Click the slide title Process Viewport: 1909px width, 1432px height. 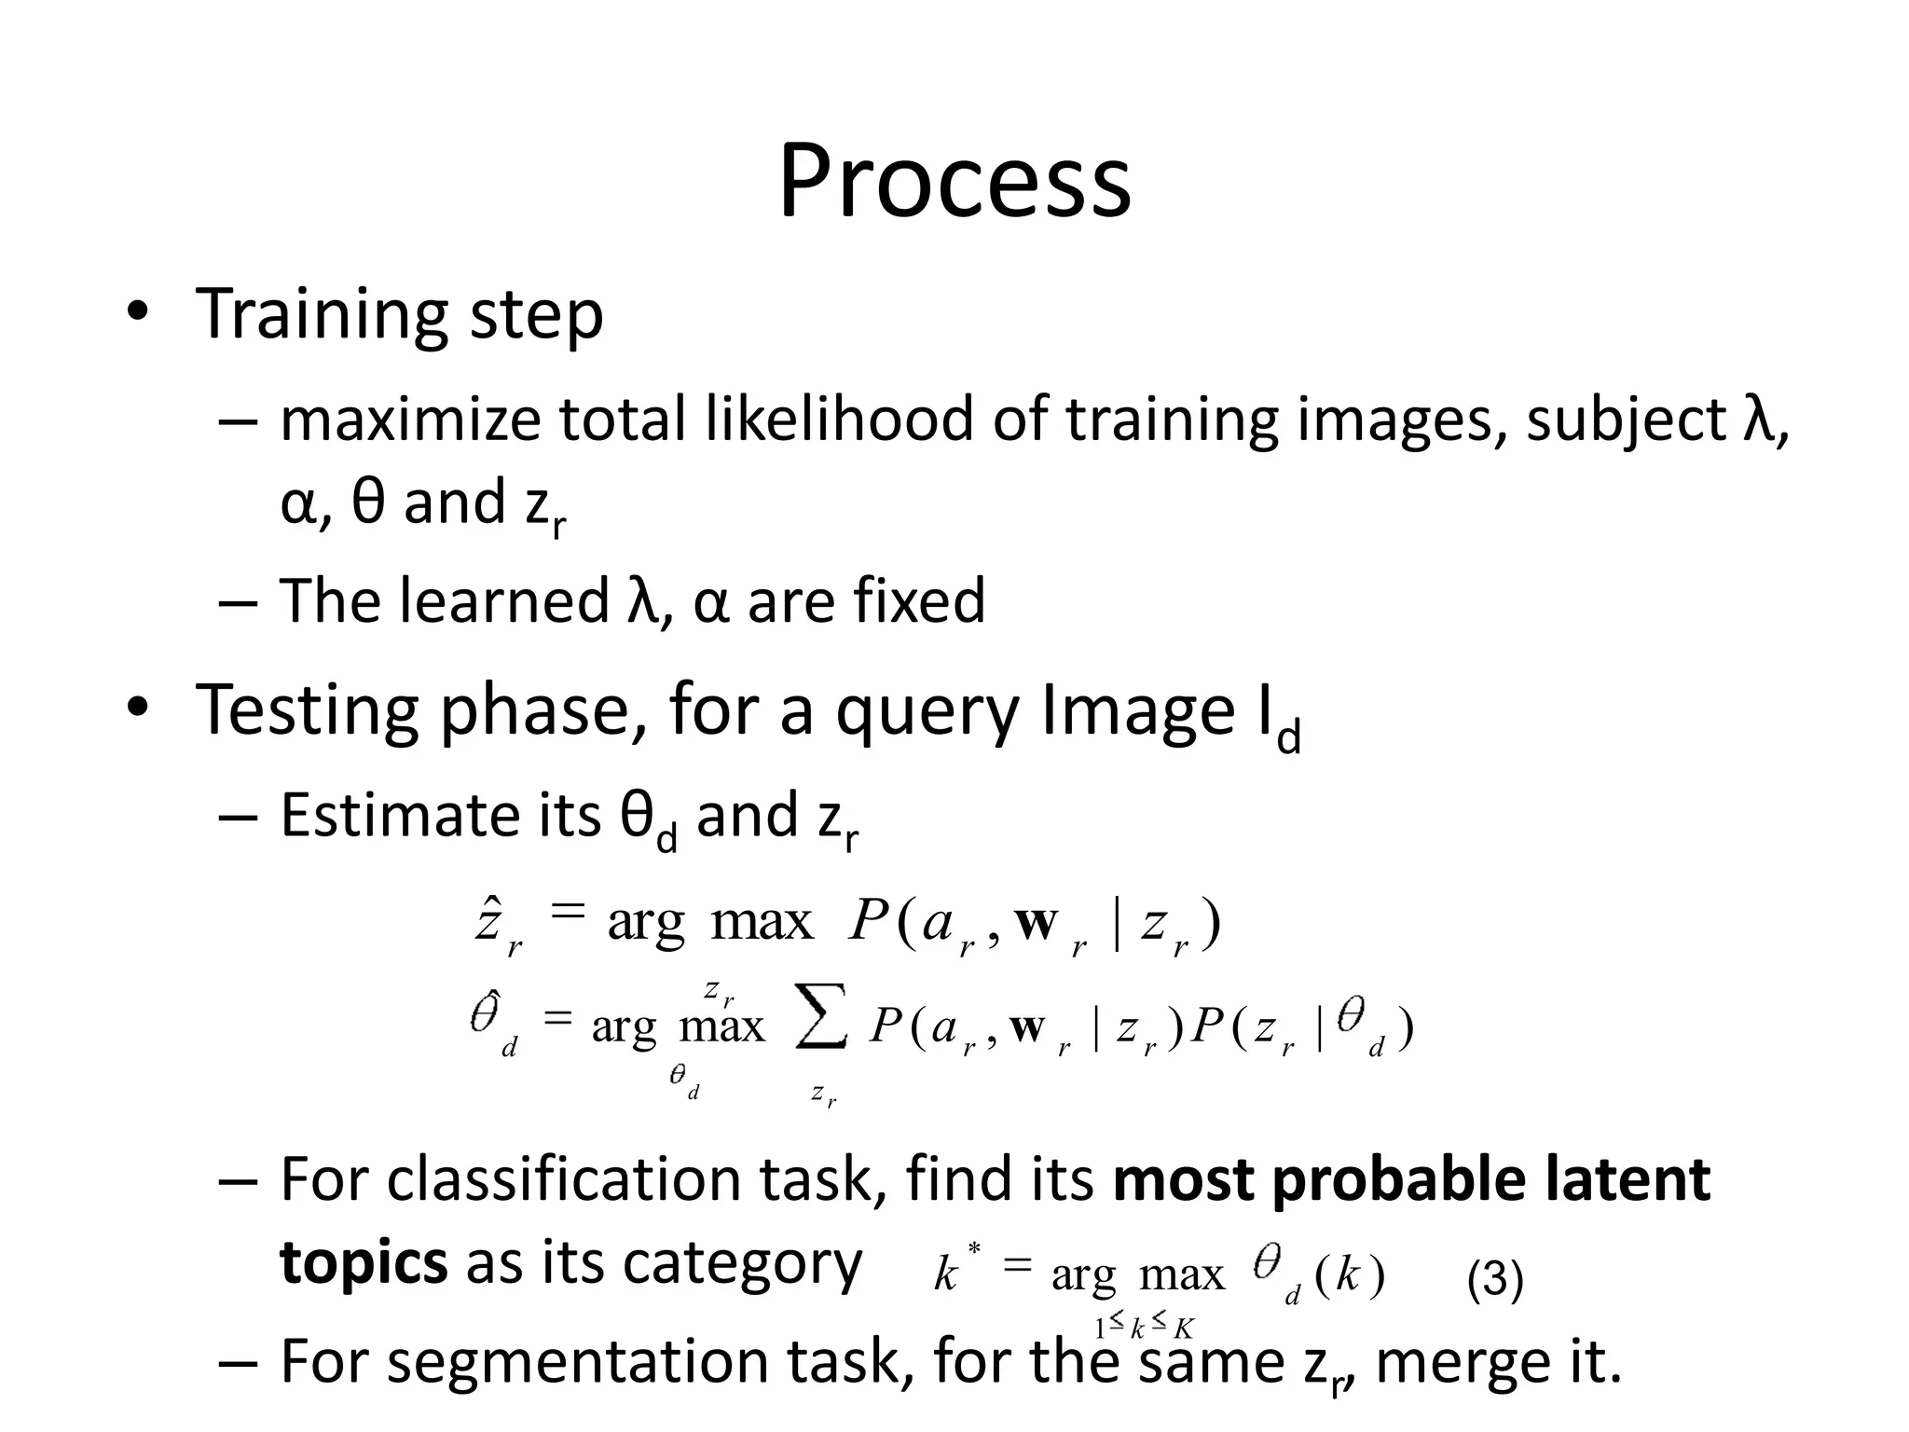[954, 182]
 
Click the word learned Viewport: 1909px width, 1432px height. [503, 600]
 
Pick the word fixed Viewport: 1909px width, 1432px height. [918, 600]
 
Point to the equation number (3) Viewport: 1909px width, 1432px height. [1494, 1279]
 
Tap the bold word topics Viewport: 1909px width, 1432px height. [364, 1264]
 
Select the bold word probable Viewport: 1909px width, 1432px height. [1398, 1180]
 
